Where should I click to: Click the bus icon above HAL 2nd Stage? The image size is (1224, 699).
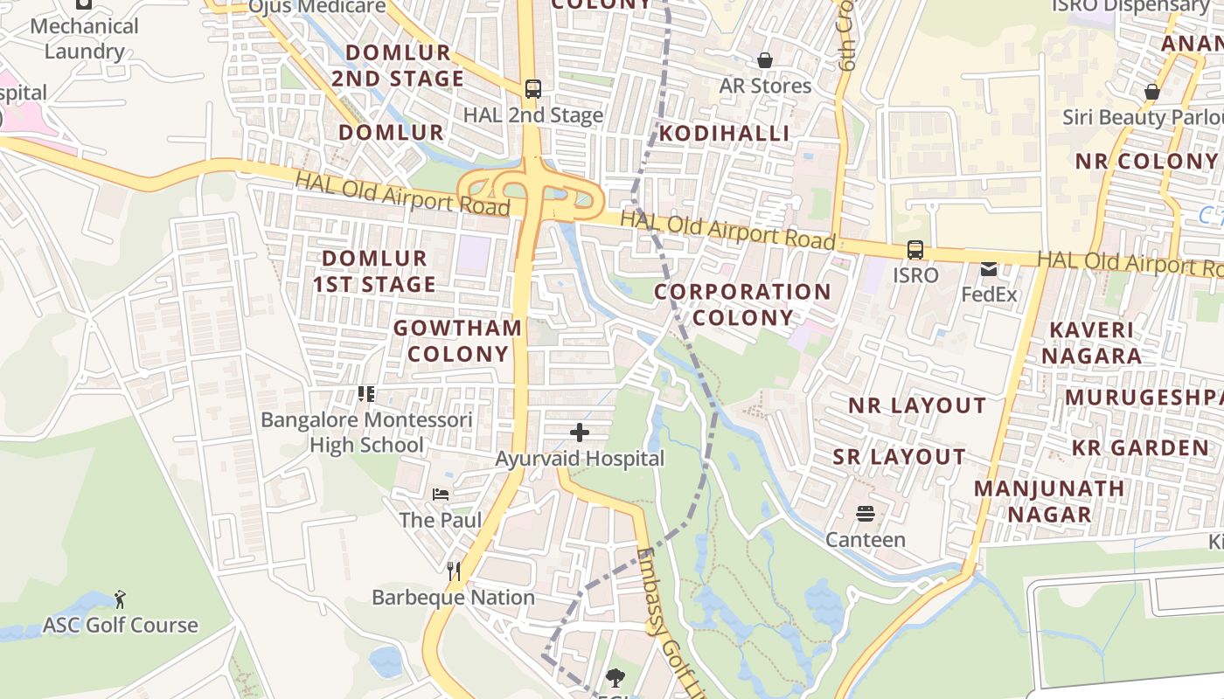(x=532, y=88)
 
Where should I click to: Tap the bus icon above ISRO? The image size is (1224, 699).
(x=915, y=250)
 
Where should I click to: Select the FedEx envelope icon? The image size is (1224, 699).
(x=989, y=269)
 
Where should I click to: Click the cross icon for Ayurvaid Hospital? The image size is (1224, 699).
(x=579, y=433)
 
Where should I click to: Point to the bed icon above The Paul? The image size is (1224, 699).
(x=441, y=495)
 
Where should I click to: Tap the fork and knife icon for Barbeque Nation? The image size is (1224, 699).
(x=453, y=571)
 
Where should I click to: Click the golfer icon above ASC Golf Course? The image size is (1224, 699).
(x=121, y=599)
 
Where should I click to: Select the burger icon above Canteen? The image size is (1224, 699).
(x=866, y=514)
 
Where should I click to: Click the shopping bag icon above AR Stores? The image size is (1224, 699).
(x=765, y=60)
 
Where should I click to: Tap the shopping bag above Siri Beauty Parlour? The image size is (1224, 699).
(x=1151, y=92)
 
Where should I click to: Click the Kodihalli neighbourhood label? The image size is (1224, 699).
(x=724, y=133)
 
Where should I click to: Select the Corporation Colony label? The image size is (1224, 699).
(x=742, y=304)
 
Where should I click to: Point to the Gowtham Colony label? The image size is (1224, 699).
(x=457, y=341)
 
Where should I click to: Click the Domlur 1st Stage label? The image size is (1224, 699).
(x=374, y=271)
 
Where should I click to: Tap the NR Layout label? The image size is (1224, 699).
(x=917, y=405)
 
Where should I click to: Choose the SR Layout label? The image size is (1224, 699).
(x=899, y=457)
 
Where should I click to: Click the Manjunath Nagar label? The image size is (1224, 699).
(x=1049, y=502)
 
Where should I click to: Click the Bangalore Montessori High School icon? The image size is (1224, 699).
(x=366, y=394)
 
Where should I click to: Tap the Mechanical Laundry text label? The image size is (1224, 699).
(x=84, y=38)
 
